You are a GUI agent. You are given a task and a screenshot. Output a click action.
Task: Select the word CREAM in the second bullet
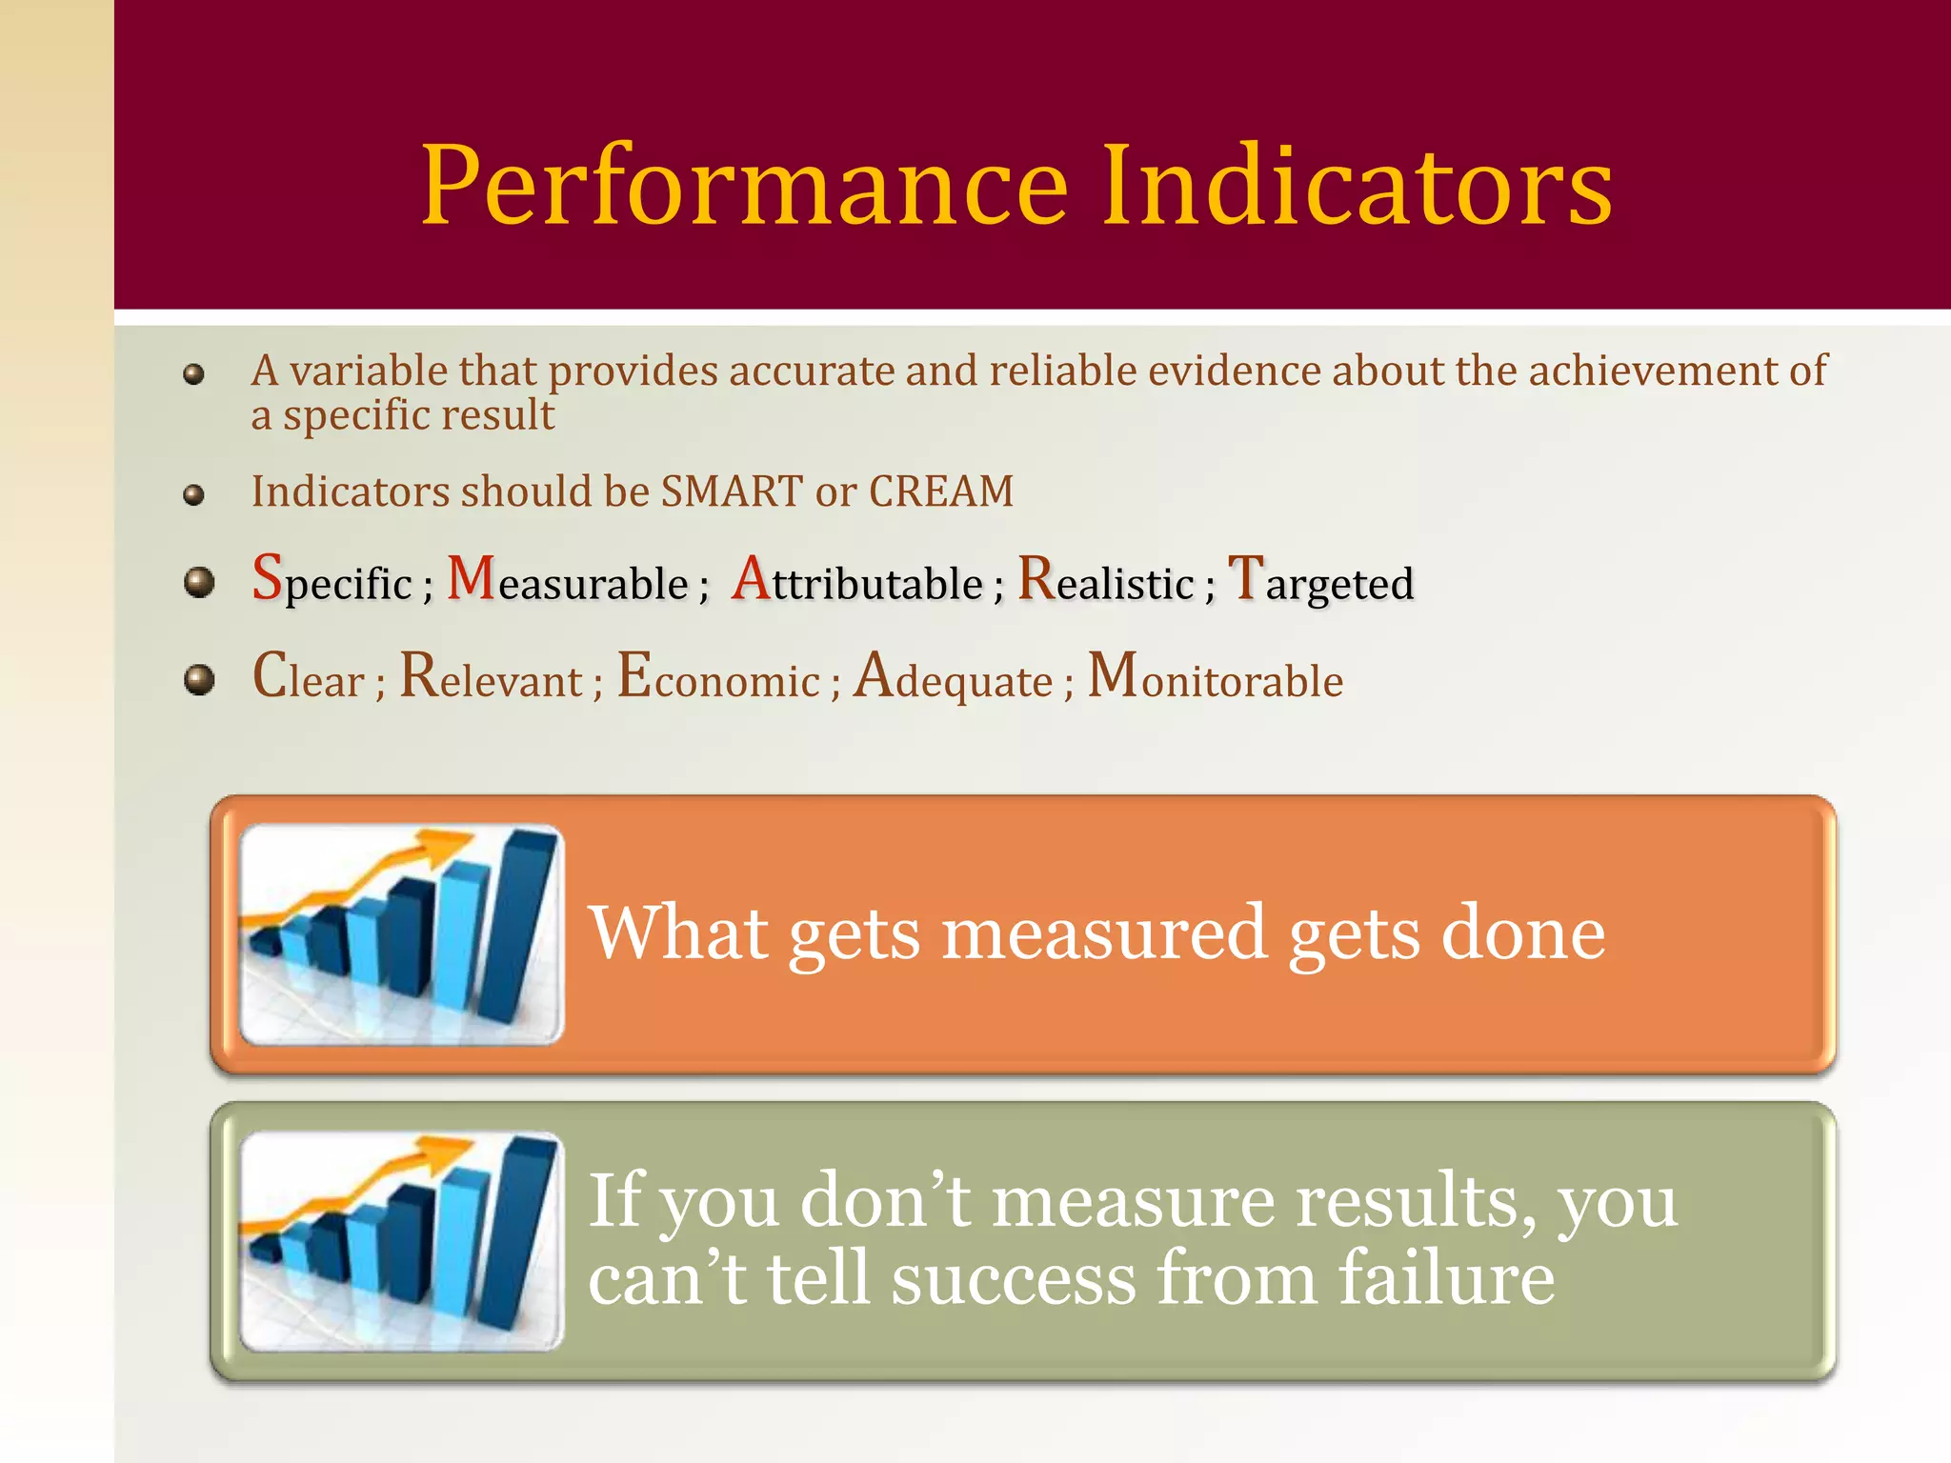pyautogui.click(x=941, y=491)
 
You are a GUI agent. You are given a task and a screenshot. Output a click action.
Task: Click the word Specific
pyautogui.click(x=332, y=581)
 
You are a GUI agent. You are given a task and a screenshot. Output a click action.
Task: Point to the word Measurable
pyautogui.click(x=568, y=581)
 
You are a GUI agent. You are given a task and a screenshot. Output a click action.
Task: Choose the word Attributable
pyautogui.click(x=857, y=581)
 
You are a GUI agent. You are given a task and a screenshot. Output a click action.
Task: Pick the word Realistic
pyautogui.click(x=1105, y=581)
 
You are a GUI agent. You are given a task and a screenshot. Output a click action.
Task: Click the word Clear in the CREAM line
pyautogui.click(x=309, y=678)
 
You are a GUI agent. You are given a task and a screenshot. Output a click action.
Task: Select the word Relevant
pyautogui.click(x=491, y=678)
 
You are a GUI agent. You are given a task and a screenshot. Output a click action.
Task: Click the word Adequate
pyautogui.click(x=953, y=678)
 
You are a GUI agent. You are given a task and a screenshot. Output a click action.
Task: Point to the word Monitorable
pyautogui.click(x=1216, y=678)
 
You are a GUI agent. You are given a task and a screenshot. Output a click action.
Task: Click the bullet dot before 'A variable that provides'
pyautogui.click(x=194, y=374)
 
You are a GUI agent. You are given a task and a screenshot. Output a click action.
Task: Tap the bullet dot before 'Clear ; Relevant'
pyautogui.click(x=199, y=680)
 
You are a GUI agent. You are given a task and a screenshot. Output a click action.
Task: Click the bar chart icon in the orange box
pyautogui.click(x=402, y=934)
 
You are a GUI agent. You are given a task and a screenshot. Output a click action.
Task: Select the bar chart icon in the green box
pyautogui.click(x=402, y=1241)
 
